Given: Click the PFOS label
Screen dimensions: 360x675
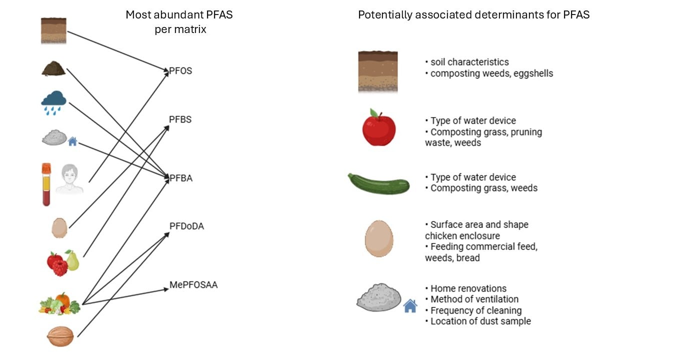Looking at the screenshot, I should (180, 71).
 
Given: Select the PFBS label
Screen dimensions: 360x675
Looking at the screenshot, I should (180, 120).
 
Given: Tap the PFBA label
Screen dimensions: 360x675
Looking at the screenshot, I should (180, 178).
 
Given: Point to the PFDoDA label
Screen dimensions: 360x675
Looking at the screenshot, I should (186, 226).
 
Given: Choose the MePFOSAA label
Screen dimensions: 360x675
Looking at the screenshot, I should (193, 285).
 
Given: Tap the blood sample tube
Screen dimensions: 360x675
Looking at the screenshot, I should (46, 184).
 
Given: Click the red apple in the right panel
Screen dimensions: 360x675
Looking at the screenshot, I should (378, 128).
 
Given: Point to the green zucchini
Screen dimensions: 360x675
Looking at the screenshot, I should (378, 183).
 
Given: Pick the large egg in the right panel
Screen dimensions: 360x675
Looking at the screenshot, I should (379, 238).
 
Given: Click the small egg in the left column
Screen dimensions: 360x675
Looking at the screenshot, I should (59, 227).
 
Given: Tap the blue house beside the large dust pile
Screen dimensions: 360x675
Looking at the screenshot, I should (410, 305).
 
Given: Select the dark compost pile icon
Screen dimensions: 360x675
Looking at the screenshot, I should (53, 69).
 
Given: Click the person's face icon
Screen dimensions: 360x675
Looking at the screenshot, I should (69, 180).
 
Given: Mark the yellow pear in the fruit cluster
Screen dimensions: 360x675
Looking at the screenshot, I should (72, 260).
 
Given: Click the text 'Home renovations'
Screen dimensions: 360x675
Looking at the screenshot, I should (468, 288).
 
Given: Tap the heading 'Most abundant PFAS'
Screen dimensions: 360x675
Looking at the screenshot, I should (179, 14).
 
